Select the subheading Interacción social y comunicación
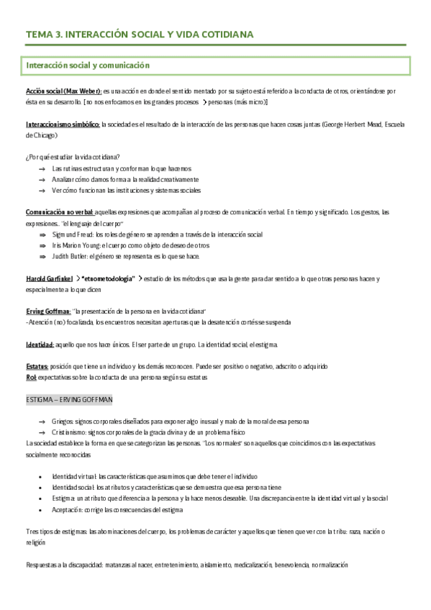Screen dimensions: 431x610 point(87,65)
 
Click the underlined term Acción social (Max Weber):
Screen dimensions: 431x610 point(63,91)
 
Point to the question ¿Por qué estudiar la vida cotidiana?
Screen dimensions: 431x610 point(72,157)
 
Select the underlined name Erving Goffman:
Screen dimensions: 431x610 point(48,311)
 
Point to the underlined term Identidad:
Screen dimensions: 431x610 point(40,345)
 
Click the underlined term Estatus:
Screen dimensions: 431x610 point(37,366)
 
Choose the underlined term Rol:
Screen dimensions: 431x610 point(31,376)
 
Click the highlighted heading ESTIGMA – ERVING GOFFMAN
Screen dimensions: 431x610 point(68,399)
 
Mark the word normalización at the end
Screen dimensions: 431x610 point(330,565)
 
